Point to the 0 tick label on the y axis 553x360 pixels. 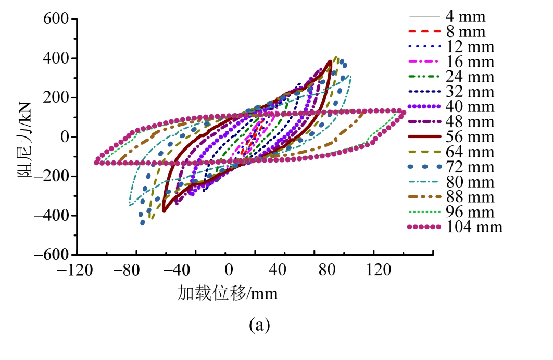click(65, 137)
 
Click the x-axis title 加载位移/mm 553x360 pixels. click(228, 294)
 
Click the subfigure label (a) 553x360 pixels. click(259, 326)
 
